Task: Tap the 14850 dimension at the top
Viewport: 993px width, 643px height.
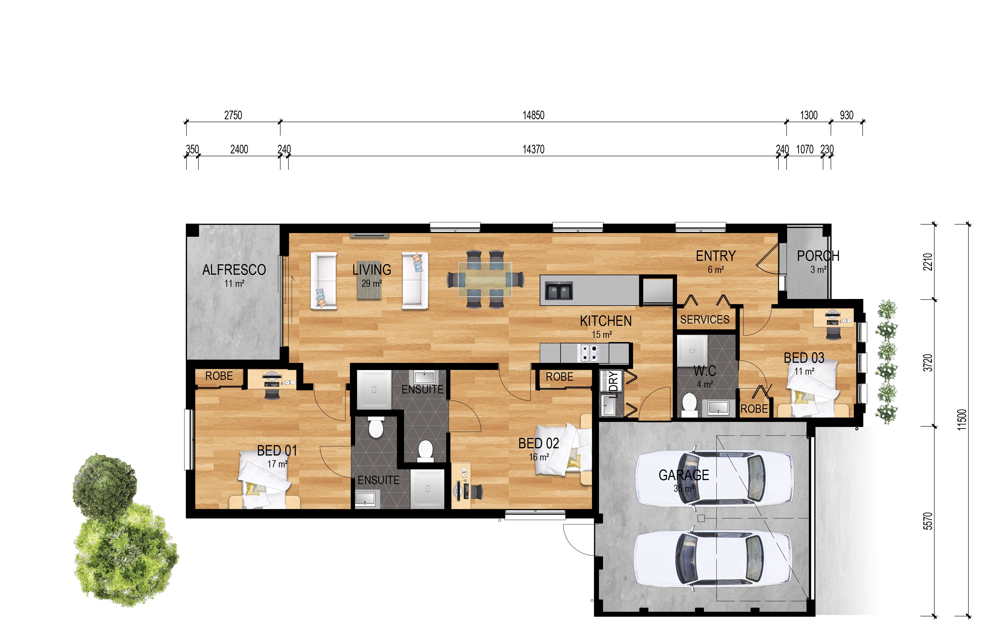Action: [x=533, y=115]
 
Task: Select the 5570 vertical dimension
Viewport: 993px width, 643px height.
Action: [x=927, y=521]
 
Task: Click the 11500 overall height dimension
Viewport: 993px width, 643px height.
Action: [x=962, y=420]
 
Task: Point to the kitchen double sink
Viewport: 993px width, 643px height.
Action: [x=559, y=291]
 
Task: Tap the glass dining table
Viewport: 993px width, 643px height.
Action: [x=485, y=279]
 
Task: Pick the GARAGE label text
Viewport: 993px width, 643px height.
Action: [x=683, y=475]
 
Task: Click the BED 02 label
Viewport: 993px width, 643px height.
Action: [x=538, y=443]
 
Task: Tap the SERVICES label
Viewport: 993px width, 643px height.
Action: [x=705, y=319]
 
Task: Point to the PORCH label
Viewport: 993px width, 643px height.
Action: [x=818, y=256]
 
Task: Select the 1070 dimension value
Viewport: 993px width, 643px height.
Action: [x=805, y=149]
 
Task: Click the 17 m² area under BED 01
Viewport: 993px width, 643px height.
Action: [x=277, y=464]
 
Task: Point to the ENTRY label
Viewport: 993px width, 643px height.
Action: [x=715, y=256]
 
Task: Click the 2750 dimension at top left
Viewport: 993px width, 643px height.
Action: [x=233, y=115]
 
